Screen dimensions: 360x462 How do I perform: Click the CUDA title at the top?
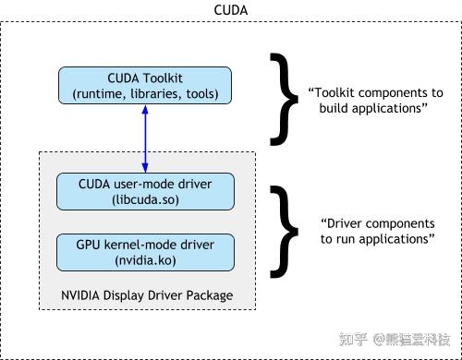click(x=230, y=10)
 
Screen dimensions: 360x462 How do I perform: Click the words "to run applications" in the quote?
click(x=378, y=239)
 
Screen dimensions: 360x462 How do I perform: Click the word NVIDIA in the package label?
click(x=81, y=296)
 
